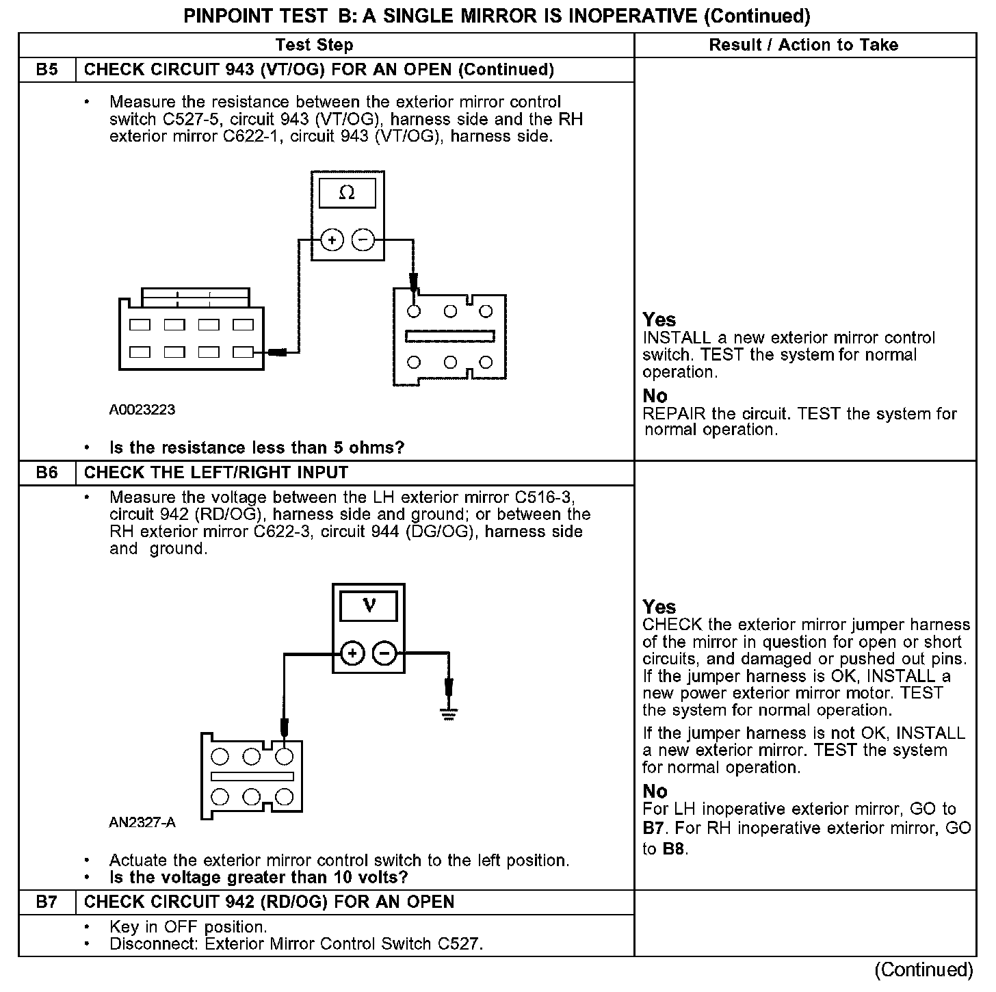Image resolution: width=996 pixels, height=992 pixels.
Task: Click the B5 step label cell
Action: click(47, 70)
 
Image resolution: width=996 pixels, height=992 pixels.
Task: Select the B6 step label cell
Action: click(47, 473)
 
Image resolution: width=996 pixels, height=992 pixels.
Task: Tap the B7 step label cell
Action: click(47, 902)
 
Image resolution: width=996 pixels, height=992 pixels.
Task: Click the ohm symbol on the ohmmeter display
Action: click(347, 193)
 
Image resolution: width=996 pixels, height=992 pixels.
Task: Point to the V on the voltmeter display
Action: click(369, 605)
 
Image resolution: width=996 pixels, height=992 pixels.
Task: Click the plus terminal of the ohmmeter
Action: click(332, 240)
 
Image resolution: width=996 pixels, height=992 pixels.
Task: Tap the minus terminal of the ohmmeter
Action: click(363, 240)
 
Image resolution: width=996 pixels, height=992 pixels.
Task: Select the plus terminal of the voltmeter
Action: click(352, 654)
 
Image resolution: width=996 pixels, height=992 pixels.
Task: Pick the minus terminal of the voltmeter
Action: click(384, 654)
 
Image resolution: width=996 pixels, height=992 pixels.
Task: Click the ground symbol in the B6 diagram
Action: click(449, 715)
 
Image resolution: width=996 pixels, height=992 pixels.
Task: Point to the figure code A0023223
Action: click(142, 410)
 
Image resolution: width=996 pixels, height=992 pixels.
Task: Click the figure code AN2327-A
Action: click(142, 822)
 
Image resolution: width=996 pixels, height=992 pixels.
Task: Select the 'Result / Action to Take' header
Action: click(804, 45)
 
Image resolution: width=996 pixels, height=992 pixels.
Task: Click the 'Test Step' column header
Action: click(314, 45)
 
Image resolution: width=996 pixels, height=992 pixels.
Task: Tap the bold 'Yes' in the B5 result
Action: click(659, 319)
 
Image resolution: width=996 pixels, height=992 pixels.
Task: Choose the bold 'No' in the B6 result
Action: click(655, 792)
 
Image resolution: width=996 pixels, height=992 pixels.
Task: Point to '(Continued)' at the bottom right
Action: click(923, 970)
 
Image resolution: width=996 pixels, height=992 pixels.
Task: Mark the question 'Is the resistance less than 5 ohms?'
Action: click(257, 448)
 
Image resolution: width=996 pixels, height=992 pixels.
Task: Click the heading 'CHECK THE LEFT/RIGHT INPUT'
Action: click(216, 473)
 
